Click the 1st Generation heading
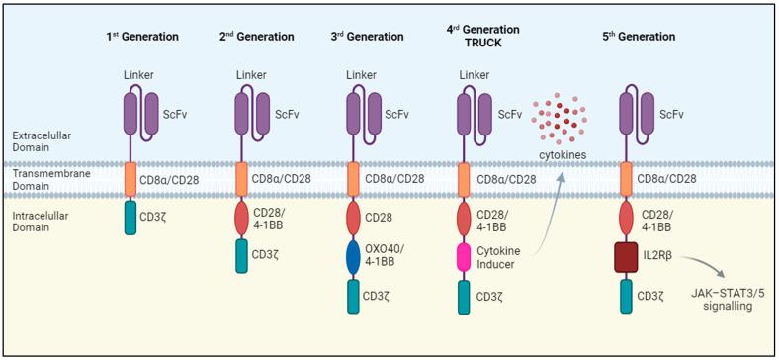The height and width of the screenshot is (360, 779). [x=142, y=37]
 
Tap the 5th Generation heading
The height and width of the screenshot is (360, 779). [x=640, y=37]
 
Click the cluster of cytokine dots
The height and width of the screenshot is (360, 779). [x=559, y=125]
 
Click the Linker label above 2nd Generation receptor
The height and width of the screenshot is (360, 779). [x=252, y=75]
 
